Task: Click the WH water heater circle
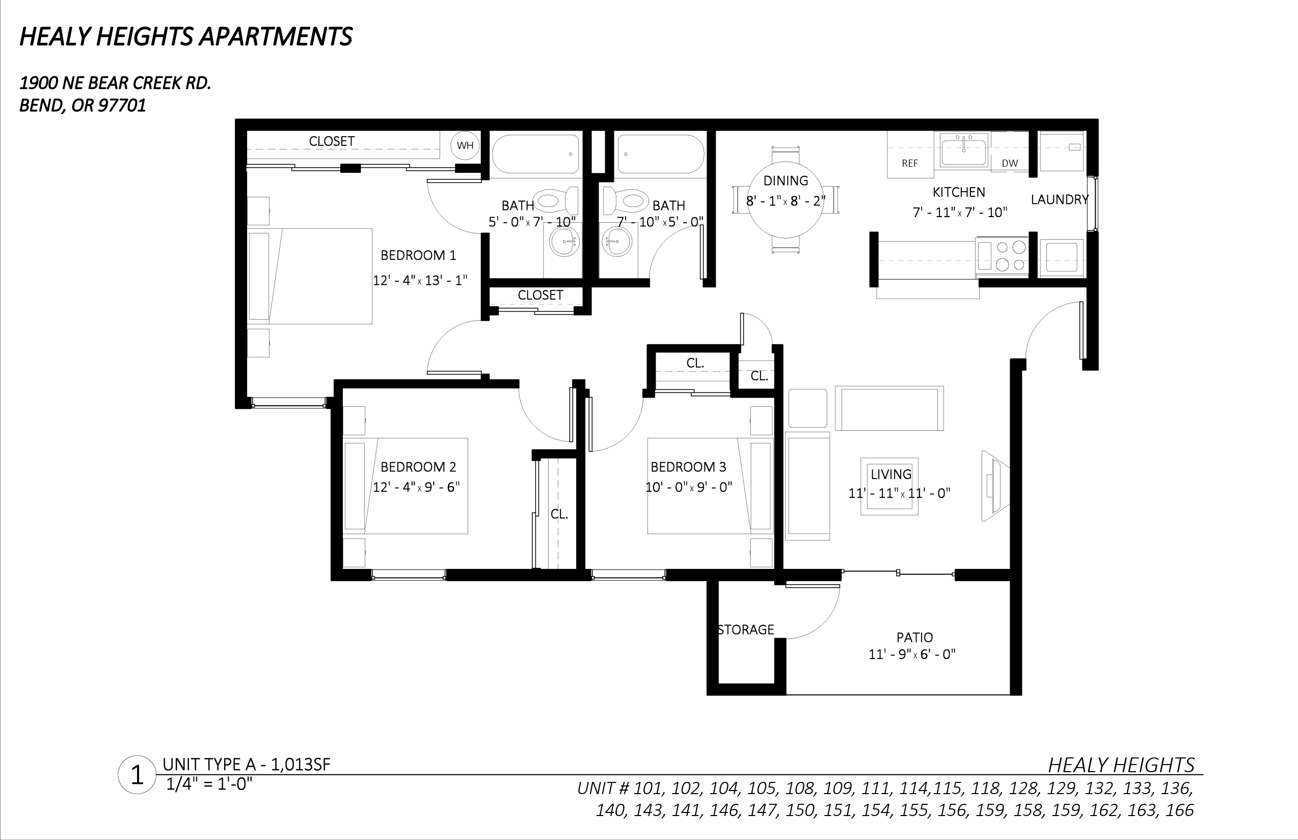[465, 145]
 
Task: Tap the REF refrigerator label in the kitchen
[909, 163]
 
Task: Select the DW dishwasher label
[1010, 163]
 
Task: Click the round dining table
[786, 200]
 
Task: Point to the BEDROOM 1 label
[418, 255]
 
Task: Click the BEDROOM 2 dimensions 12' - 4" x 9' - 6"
[416, 487]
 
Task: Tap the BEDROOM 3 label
[688, 467]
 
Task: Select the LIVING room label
[891, 474]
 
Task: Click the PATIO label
[914, 637]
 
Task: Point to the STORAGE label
[746, 629]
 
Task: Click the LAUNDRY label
[1059, 200]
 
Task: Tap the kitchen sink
[964, 151]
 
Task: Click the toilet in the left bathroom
[556, 201]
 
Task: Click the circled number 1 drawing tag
[138, 775]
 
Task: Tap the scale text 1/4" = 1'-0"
[209, 784]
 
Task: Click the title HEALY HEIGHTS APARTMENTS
[186, 37]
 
